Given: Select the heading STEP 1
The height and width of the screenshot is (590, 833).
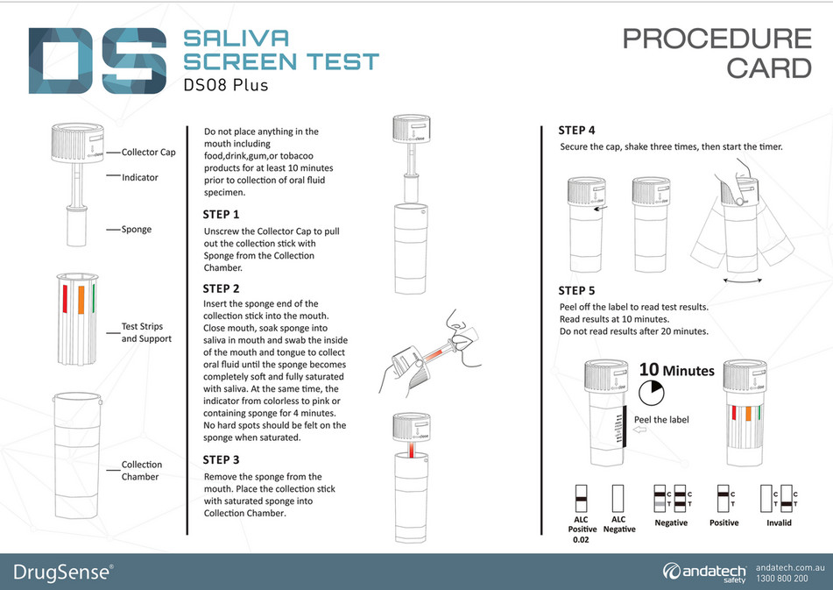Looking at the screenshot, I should (221, 215).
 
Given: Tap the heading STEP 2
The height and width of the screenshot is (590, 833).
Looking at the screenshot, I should (221, 288).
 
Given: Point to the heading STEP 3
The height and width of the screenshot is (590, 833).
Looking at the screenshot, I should (221, 459).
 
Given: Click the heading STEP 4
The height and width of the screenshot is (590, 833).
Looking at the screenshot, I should (577, 131).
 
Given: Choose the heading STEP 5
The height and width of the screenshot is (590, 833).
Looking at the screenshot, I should (577, 291).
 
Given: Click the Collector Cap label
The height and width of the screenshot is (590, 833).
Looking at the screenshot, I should (148, 153).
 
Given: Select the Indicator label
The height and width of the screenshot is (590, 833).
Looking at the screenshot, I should (140, 177).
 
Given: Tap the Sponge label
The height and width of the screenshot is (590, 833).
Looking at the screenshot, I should (137, 230).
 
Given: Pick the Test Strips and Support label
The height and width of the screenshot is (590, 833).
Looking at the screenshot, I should (146, 333).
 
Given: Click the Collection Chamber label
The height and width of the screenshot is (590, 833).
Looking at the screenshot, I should (141, 471).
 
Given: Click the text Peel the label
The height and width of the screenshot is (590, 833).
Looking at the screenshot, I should (660, 420).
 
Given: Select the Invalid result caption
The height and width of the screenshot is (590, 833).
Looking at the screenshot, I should (778, 522).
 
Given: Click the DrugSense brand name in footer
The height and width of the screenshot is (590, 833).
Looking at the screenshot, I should (62, 572).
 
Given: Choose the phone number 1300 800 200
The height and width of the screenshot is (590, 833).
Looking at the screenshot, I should (781, 579).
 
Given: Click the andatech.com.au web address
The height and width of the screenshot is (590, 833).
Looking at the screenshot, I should (781, 566).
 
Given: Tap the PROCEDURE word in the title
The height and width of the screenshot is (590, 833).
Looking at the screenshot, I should (717, 39).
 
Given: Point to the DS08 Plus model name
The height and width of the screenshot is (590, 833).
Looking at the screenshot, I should (226, 86).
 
